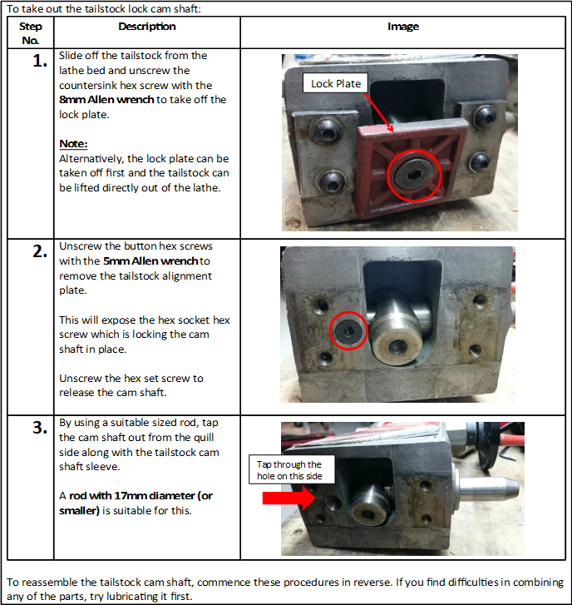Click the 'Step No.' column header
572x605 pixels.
31,33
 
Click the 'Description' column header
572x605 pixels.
147,27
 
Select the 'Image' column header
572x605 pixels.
402,27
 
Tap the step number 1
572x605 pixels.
40,61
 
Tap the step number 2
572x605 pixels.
40,251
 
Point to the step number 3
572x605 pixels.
40,428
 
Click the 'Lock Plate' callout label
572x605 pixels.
336,83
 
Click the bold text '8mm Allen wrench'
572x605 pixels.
106,100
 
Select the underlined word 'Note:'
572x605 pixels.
74,144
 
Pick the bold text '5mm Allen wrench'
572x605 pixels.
150,261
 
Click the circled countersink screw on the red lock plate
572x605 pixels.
414,176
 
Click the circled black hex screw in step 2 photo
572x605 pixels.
349,330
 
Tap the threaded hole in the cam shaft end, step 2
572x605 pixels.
397,347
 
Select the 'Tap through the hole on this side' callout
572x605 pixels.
292,470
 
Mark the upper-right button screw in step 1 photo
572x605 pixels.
485,116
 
